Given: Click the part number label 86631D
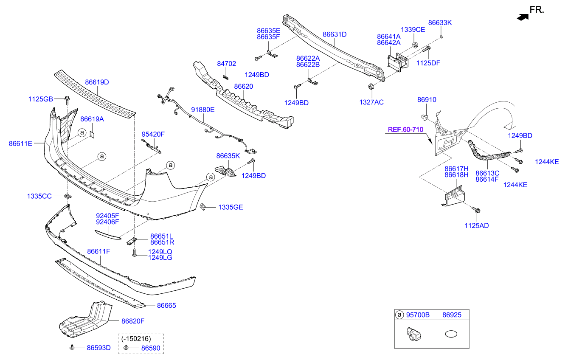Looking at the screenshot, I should coord(335,34).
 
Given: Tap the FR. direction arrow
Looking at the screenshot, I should coord(523,17).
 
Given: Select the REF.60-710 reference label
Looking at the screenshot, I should coord(405,129).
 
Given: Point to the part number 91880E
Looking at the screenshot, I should coord(202,110).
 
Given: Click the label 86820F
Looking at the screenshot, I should coord(133,321).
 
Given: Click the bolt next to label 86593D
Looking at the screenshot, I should coord(72,348).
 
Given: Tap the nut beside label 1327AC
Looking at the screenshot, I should coord(371,87).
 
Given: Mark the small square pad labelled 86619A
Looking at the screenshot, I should coord(91,134).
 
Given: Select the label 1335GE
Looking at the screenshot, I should coord(231,207).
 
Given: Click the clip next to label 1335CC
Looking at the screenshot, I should coord(67,196).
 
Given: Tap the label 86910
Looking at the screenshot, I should coord(427,100).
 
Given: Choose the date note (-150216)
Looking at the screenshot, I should coord(136,339).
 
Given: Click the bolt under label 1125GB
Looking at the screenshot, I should coord(67,100).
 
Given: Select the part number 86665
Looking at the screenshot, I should coord(166,305).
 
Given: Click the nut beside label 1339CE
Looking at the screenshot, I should coord(416,45).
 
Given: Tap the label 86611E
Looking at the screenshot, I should coord(20,143).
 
